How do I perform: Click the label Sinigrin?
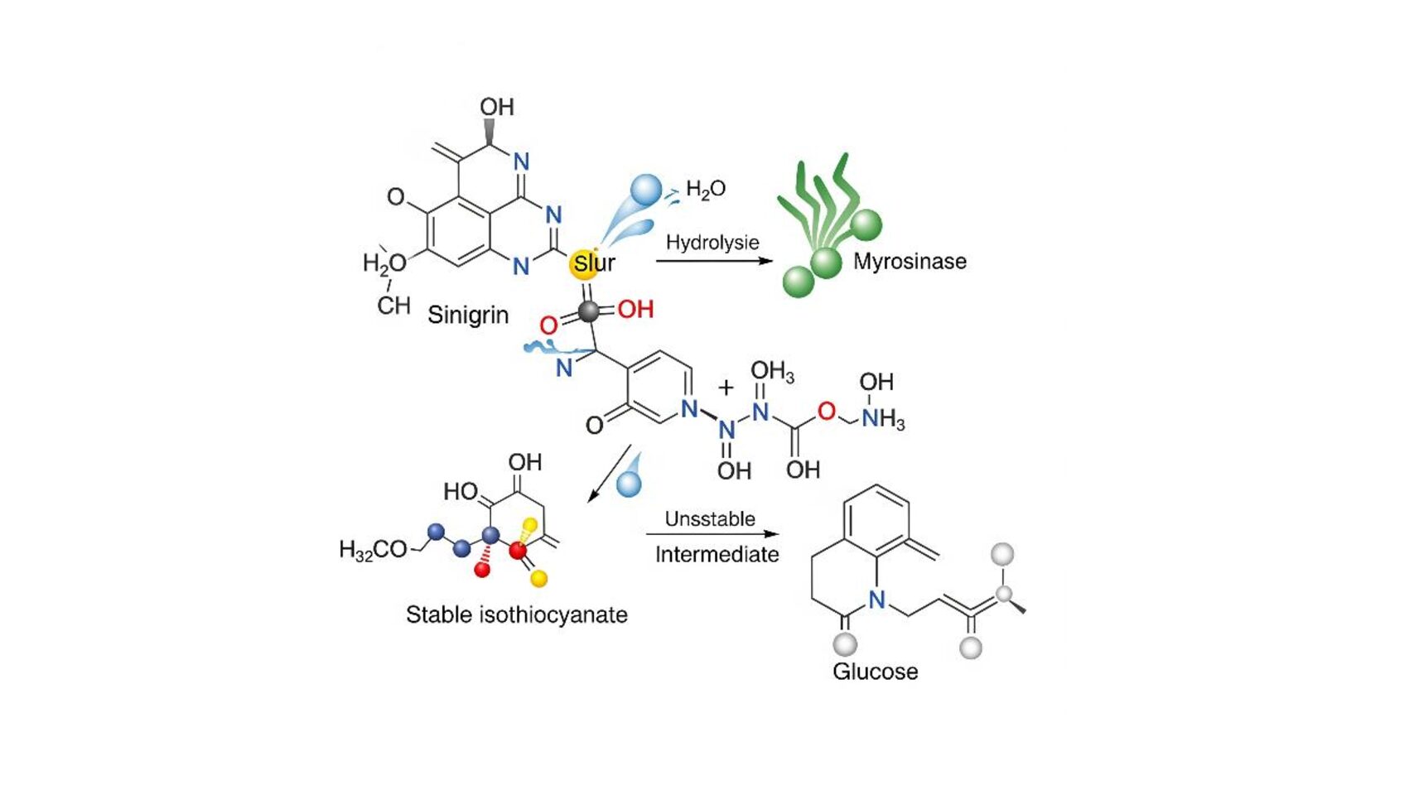click(x=467, y=315)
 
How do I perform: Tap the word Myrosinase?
click(x=910, y=262)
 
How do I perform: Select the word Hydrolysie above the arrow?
click(x=712, y=243)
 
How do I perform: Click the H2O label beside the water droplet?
click(x=705, y=190)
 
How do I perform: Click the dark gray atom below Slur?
click(x=588, y=311)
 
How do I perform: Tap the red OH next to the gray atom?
click(x=635, y=310)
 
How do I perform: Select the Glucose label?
click(x=875, y=671)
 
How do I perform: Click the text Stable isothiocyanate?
click(x=516, y=614)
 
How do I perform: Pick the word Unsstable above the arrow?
click(x=710, y=519)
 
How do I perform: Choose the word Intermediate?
click(x=717, y=554)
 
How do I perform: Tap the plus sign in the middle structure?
click(x=726, y=387)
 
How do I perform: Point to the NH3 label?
click(x=882, y=419)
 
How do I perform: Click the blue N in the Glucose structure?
click(x=876, y=600)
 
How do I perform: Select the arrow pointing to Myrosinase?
click(x=713, y=261)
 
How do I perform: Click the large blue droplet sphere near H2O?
click(x=646, y=190)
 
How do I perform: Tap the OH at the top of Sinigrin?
click(x=497, y=108)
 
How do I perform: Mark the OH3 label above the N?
click(x=772, y=371)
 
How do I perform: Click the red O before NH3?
click(x=826, y=411)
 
